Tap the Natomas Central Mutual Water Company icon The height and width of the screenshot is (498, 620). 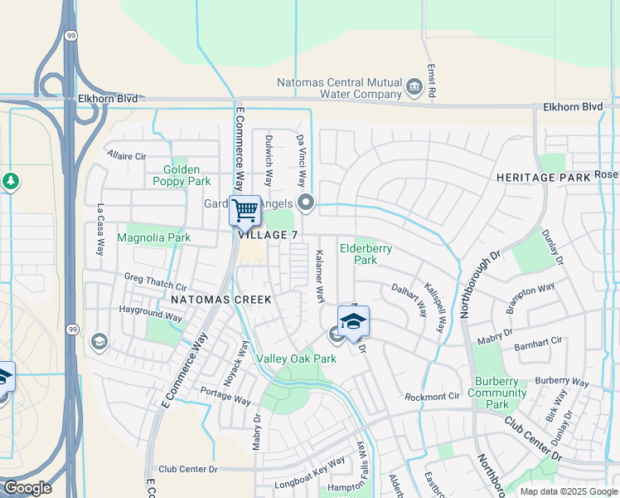(x=414, y=85)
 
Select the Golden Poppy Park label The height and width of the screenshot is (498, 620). (x=182, y=175)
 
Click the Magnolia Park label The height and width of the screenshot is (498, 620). (x=153, y=238)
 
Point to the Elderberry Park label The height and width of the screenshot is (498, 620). (x=366, y=254)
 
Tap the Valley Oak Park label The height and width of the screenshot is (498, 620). (x=296, y=359)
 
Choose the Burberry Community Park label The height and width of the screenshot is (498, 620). (x=496, y=393)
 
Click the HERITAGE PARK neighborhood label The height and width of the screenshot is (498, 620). (x=543, y=178)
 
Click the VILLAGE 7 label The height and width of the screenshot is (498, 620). (x=268, y=235)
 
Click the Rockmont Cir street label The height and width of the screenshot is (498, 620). (x=432, y=397)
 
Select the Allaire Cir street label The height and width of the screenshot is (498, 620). (x=126, y=155)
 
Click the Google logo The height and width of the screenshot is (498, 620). (x=27, y=488)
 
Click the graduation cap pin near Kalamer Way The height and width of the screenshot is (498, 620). (x=353, y=321)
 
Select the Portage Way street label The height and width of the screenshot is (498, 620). (x=225, y=395)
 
